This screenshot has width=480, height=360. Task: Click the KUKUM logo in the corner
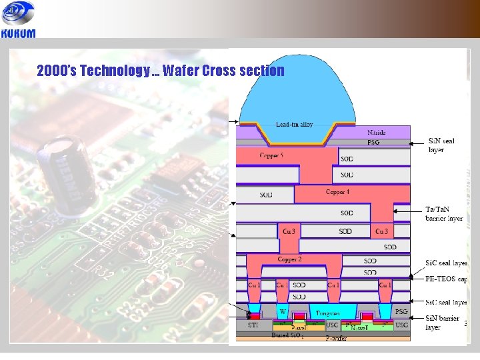19,20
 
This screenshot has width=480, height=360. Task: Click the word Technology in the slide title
115,71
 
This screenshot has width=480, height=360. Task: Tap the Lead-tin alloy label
294,125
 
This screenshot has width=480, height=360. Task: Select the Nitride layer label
376,133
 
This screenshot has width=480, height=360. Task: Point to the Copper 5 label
271,155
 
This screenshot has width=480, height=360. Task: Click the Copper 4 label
337,192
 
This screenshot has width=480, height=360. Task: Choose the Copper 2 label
291,259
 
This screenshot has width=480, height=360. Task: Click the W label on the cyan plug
282,311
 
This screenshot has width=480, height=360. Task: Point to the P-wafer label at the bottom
336,339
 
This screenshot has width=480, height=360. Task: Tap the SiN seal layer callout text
444,145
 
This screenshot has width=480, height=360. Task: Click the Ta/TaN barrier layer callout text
444,213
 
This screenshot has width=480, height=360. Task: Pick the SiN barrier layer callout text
443,323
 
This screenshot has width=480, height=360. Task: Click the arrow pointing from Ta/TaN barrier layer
408,211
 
